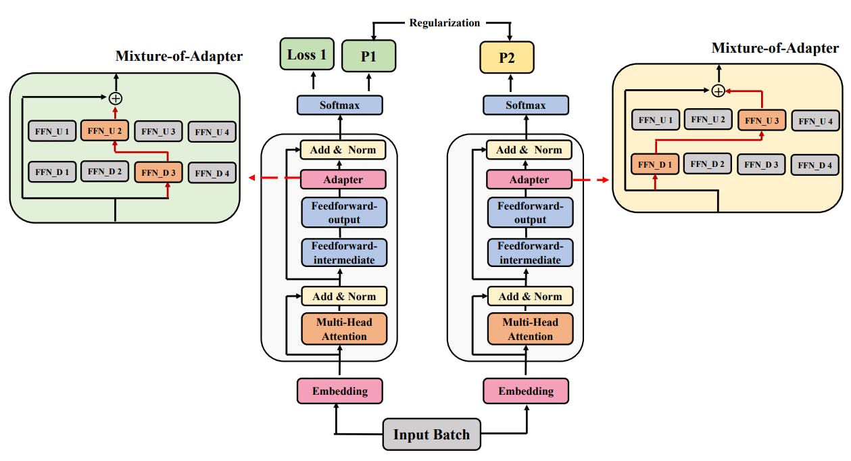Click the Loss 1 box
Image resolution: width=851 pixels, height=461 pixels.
click(307, 54)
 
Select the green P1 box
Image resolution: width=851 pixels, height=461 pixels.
click(368, 55)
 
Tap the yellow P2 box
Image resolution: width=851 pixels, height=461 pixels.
click(507, 57)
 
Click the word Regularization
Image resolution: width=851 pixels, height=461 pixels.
click(444, 23)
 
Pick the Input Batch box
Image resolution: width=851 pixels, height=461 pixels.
click(431, 435)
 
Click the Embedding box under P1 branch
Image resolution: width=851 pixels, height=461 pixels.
click(340, 391)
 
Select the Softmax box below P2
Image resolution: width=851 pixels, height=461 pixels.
click(525, 105)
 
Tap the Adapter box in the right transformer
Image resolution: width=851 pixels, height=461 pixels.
click(529, 180)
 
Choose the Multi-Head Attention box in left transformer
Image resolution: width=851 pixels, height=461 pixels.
click(344, 329)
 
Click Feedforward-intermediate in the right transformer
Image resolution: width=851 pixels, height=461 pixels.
click(530, 253)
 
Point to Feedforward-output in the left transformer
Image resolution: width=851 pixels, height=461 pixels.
click(344, 212)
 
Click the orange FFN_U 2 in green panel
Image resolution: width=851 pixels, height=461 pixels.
click(104, 130)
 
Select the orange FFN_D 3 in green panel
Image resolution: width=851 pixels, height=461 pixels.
click(158, 173)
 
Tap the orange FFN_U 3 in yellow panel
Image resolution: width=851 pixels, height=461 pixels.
click(762, 120)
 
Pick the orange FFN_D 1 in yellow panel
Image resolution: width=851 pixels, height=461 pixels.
click(655, 164)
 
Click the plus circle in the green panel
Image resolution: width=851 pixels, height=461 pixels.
click(116, 99)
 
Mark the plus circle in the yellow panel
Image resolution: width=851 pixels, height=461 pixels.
click(719, 91)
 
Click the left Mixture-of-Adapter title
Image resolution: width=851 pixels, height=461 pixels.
click(179, 56)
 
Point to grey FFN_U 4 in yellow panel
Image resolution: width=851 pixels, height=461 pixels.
click(815, 122)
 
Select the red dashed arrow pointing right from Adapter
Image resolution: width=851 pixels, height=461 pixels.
click(591, 180)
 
